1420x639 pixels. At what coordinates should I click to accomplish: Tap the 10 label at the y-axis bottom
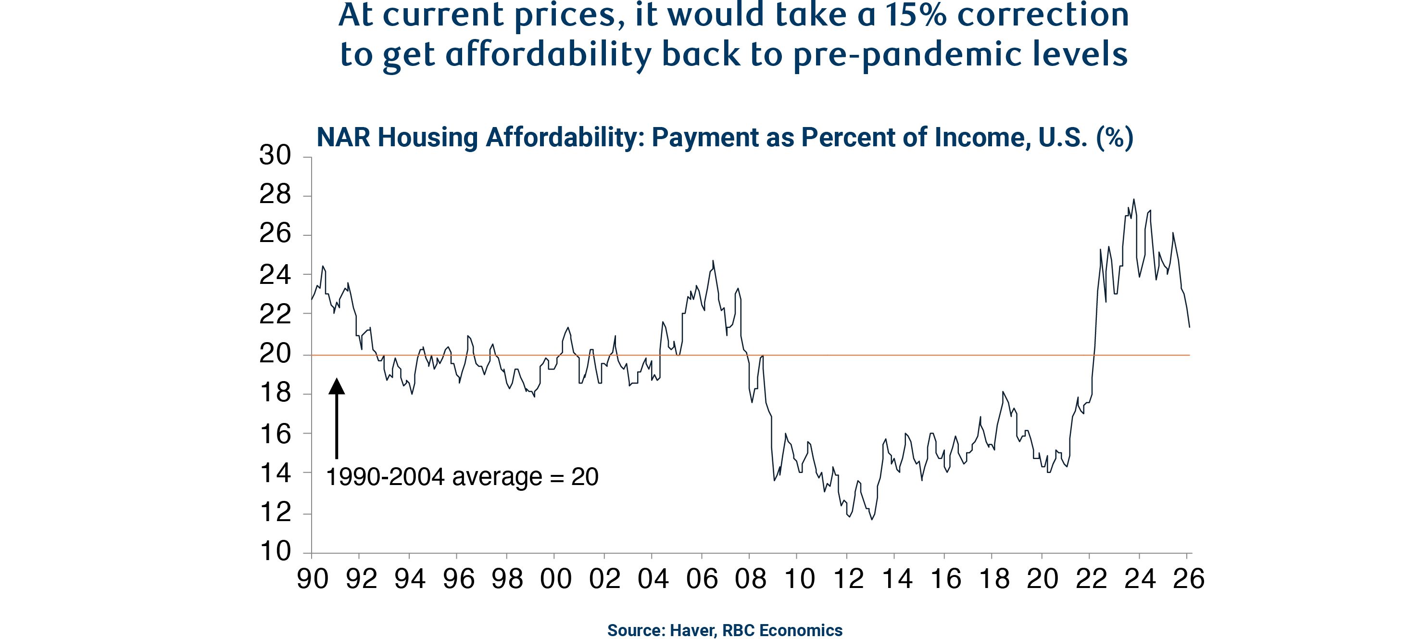(275, 551)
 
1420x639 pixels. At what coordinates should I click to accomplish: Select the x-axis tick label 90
(313, 578)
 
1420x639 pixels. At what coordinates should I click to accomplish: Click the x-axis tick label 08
(751, 578)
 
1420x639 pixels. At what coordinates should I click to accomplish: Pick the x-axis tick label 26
(1189, 578)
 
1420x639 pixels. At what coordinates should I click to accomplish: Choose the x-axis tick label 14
(897, 578)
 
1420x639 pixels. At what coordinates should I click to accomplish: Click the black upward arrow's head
(336, 386)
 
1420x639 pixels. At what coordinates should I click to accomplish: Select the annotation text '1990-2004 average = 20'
(462, 477)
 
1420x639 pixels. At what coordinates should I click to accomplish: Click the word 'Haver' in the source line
(692, 630)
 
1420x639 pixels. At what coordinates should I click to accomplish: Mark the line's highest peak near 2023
(1133, 199)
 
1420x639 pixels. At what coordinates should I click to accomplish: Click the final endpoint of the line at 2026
(1190, 327)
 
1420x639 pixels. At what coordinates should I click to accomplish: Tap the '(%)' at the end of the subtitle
(1114, 138)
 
